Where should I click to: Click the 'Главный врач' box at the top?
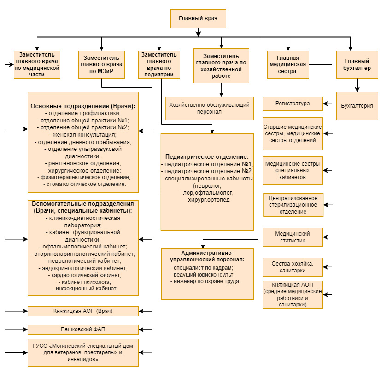tap(198, 18)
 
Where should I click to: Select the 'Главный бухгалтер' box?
tap(357, 64)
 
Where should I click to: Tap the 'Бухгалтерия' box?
tap(357, 106)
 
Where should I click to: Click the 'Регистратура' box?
tap(293, 104)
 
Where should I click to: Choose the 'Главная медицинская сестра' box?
tap(288, 64)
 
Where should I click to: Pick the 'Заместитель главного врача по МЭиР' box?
tap(101, 64)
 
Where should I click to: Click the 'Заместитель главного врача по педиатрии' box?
tap(159, 64)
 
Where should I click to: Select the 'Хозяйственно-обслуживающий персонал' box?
tap(209, 109)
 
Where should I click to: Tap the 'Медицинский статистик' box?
tap(293, 237)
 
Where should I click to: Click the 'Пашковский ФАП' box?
tap(83, 329)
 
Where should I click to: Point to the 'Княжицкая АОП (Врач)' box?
tap(83, 311)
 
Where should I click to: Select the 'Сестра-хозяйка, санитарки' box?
tap(293, 267)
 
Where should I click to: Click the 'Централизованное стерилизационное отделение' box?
tap(293, 205)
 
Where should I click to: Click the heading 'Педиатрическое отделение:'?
tap(207, 157)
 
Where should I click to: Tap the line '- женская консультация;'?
tap(83, 135)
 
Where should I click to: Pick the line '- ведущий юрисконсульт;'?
tap(202, 275)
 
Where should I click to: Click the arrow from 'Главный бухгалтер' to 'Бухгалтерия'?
tap(357, 85)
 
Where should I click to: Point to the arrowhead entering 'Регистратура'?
tap(325, 104)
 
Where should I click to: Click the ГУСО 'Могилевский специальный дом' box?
tap(83, 352)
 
